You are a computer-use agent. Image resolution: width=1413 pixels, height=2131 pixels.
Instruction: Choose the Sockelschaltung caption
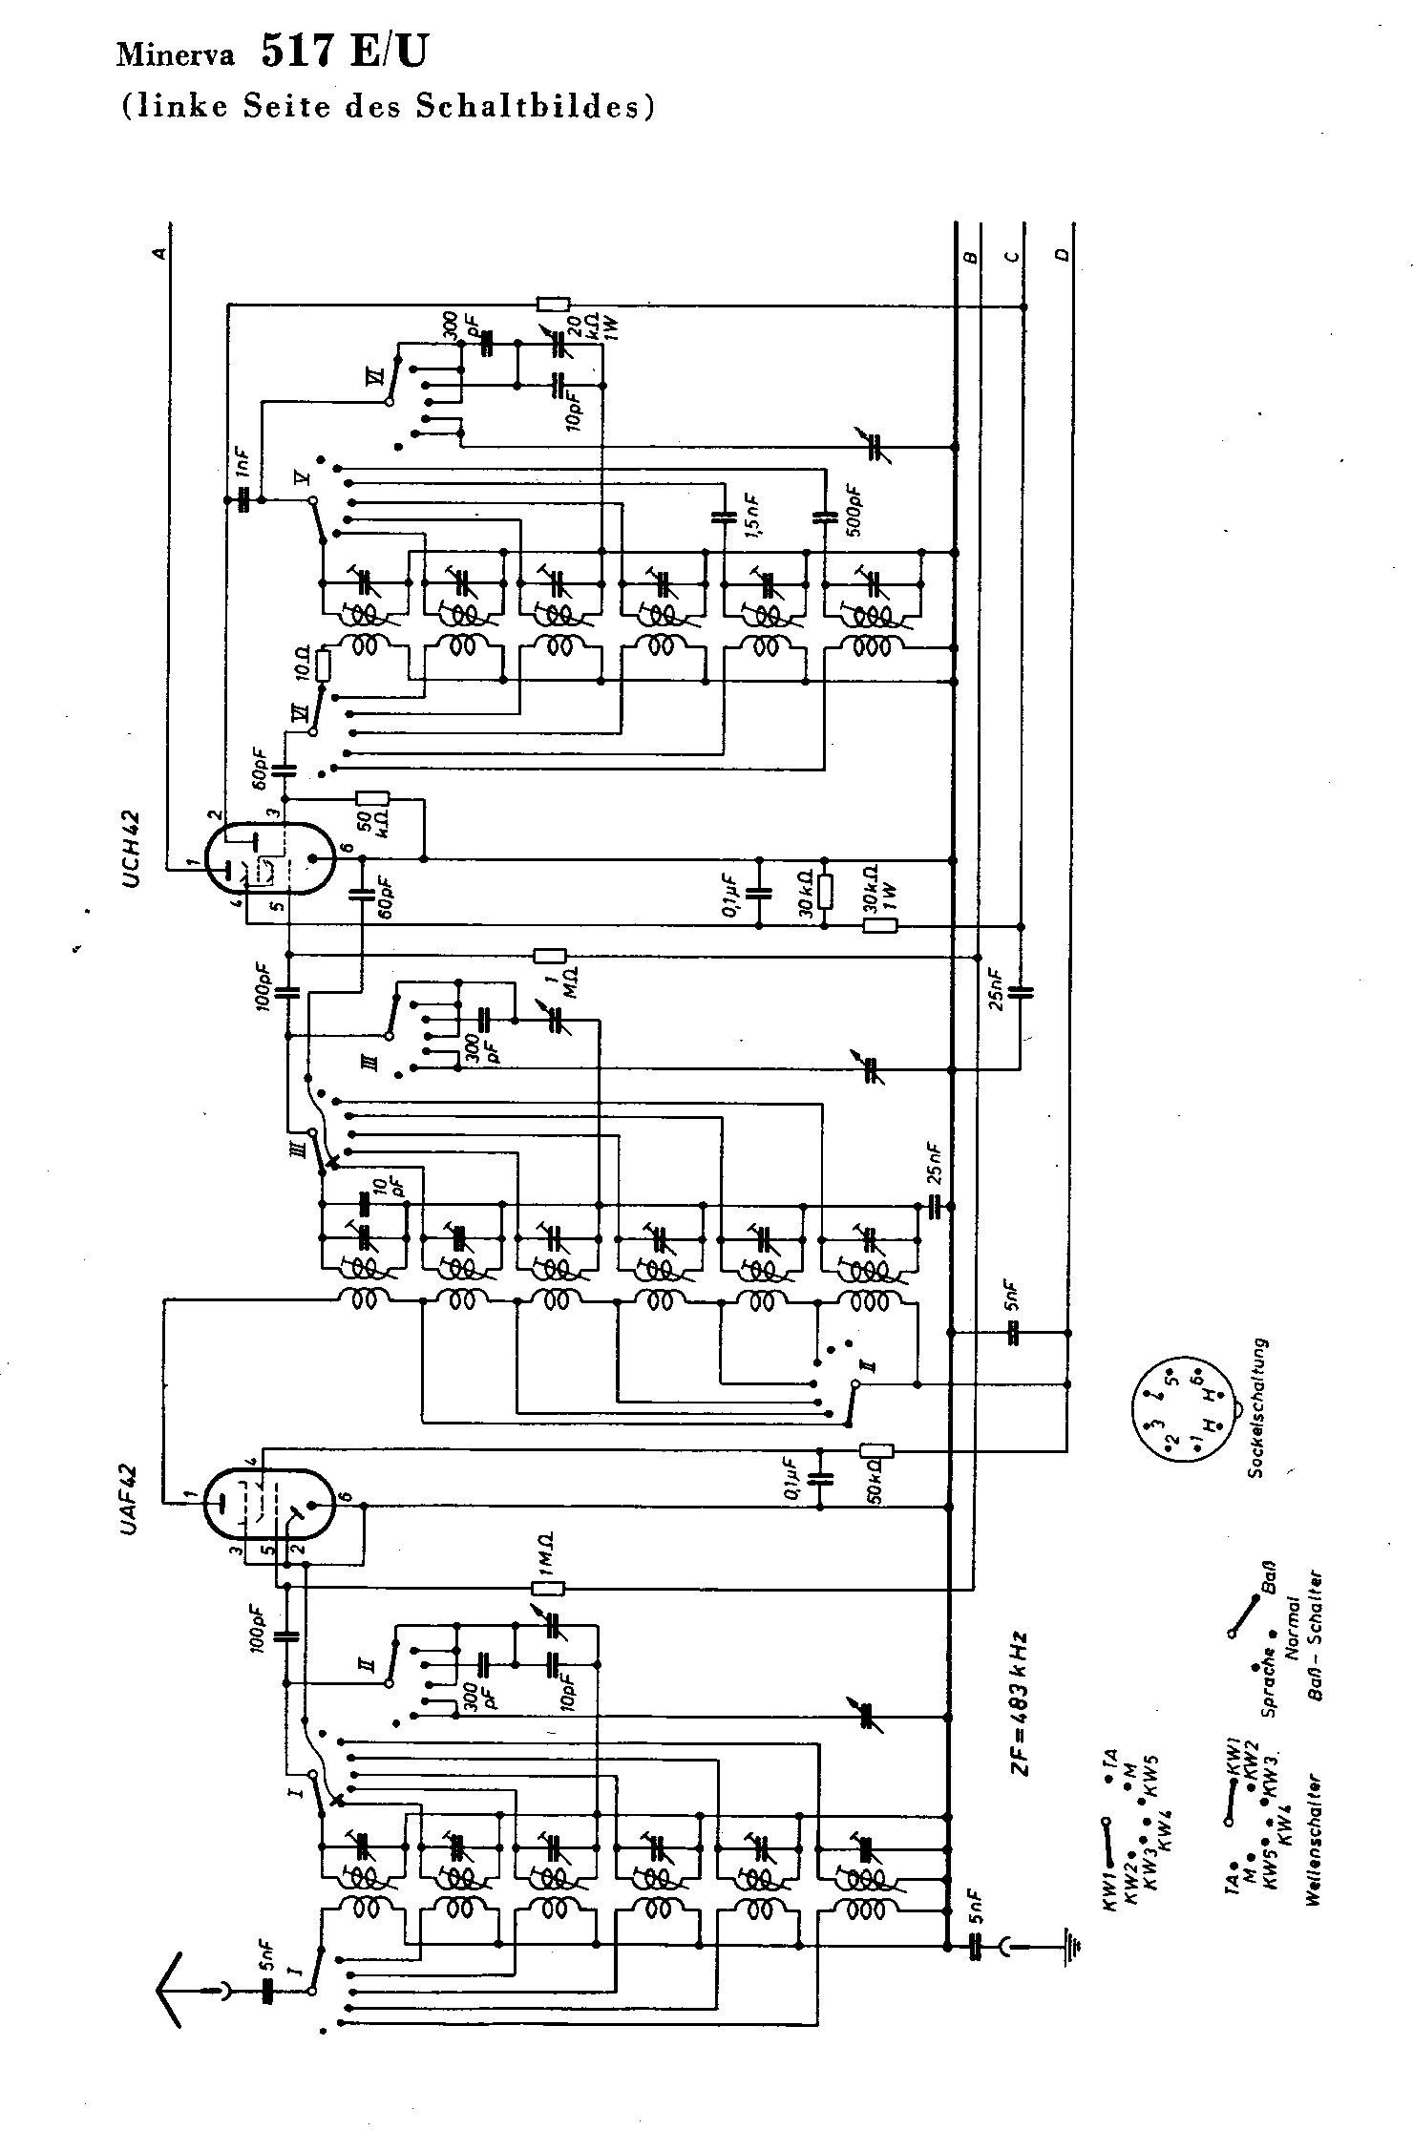pyautogui.click(x=1259, y=1408)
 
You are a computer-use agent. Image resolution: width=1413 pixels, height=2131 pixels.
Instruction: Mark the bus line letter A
pyautogui.click(x=160, y=253)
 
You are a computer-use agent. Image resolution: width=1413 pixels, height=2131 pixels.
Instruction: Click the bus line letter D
pyautogui.click(x=1063, y=255)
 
